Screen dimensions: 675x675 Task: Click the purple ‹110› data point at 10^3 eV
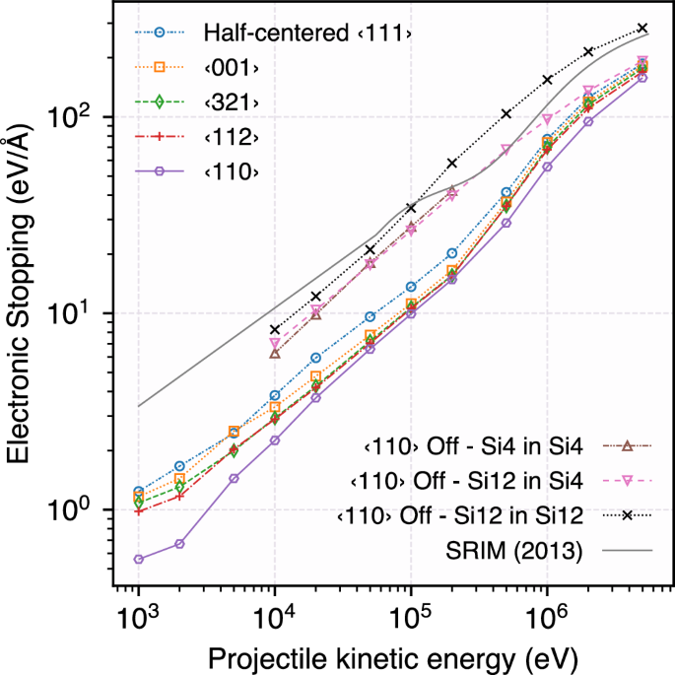(x=139, y=559)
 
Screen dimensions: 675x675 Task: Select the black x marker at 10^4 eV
(x=275, y=329)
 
